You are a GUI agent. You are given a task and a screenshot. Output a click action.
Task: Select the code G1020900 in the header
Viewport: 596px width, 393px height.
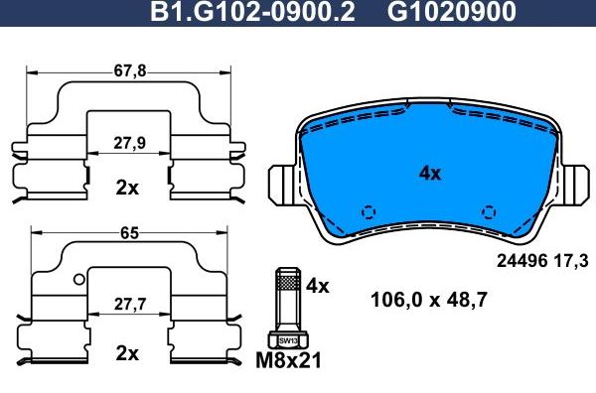[450, 13]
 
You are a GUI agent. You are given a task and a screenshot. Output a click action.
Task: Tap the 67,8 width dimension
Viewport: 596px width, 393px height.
[129, 69]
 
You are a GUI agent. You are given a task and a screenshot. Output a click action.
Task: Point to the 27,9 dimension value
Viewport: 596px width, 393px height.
[129, 143]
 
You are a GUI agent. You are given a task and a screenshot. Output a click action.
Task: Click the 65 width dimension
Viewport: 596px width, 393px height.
[129, 233]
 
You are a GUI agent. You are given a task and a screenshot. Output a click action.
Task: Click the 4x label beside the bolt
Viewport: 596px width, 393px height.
[317, 286]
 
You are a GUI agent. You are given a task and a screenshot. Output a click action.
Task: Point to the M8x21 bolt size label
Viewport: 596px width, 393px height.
[289, 361]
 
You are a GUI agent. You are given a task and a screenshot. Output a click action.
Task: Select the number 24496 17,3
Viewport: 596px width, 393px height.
[539, 263]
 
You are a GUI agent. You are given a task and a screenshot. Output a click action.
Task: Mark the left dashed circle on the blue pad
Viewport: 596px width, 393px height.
[369, 210]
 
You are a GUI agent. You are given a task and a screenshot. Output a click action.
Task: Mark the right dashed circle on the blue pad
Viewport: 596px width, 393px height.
[488, 210]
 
